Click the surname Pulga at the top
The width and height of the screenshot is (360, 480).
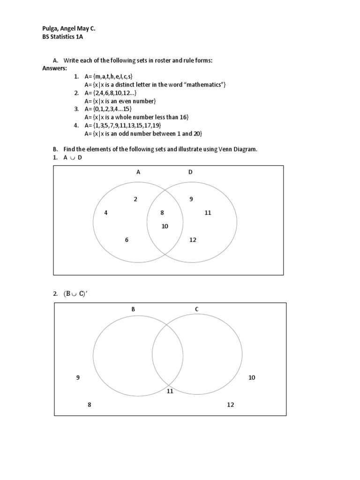click(x=50, y=29)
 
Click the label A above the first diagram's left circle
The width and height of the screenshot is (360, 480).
click(x=138, y=172)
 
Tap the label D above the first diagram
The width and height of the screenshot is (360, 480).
click(x=191, y=172)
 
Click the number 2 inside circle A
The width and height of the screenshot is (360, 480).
click(x=135, y=199)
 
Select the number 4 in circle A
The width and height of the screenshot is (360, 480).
click(x=106, y=213)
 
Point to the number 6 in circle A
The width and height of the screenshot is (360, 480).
click(x=127, y=240)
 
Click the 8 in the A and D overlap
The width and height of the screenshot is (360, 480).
click(x=162, y=213)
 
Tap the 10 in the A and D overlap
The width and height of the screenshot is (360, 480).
click(x=165, y=226)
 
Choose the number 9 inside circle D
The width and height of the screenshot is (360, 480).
click(x=191, y=199)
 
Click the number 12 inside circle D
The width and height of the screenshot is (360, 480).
click(x=193, y=240)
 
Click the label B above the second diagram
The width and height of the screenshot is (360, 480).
click(x=133, y=309)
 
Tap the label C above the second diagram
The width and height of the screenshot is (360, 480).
click(x=197, y=309)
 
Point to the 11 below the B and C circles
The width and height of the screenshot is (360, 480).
click(x=170, y=391)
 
